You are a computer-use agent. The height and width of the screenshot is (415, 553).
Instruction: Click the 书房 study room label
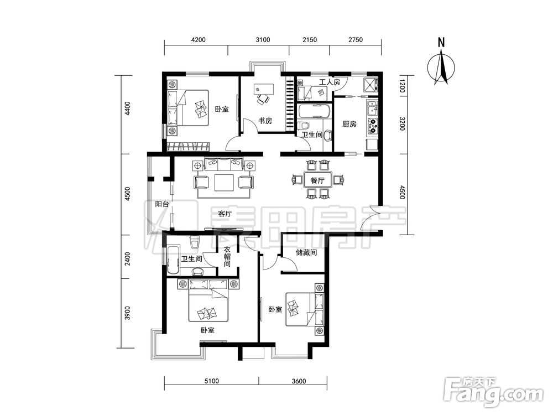265,121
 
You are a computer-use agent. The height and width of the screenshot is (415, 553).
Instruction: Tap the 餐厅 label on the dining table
317,181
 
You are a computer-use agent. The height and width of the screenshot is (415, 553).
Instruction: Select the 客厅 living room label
225,214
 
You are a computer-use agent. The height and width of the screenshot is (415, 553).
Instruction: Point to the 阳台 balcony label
162,204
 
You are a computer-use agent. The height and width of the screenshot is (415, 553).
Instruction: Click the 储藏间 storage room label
306,253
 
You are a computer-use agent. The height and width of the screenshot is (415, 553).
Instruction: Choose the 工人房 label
330,82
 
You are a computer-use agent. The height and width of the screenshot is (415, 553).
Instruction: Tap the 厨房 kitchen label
349,124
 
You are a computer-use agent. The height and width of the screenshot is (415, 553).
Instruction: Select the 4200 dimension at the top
198,39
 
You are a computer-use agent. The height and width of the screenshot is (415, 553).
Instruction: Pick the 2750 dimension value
356,39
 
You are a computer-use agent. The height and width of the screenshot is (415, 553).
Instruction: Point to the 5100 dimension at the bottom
212,381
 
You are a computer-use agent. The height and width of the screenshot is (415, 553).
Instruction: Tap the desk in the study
264,88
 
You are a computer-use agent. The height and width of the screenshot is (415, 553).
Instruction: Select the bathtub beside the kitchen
314,111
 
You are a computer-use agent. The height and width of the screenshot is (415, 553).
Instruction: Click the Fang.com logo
493,392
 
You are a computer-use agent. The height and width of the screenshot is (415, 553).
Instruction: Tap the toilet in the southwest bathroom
194,242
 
